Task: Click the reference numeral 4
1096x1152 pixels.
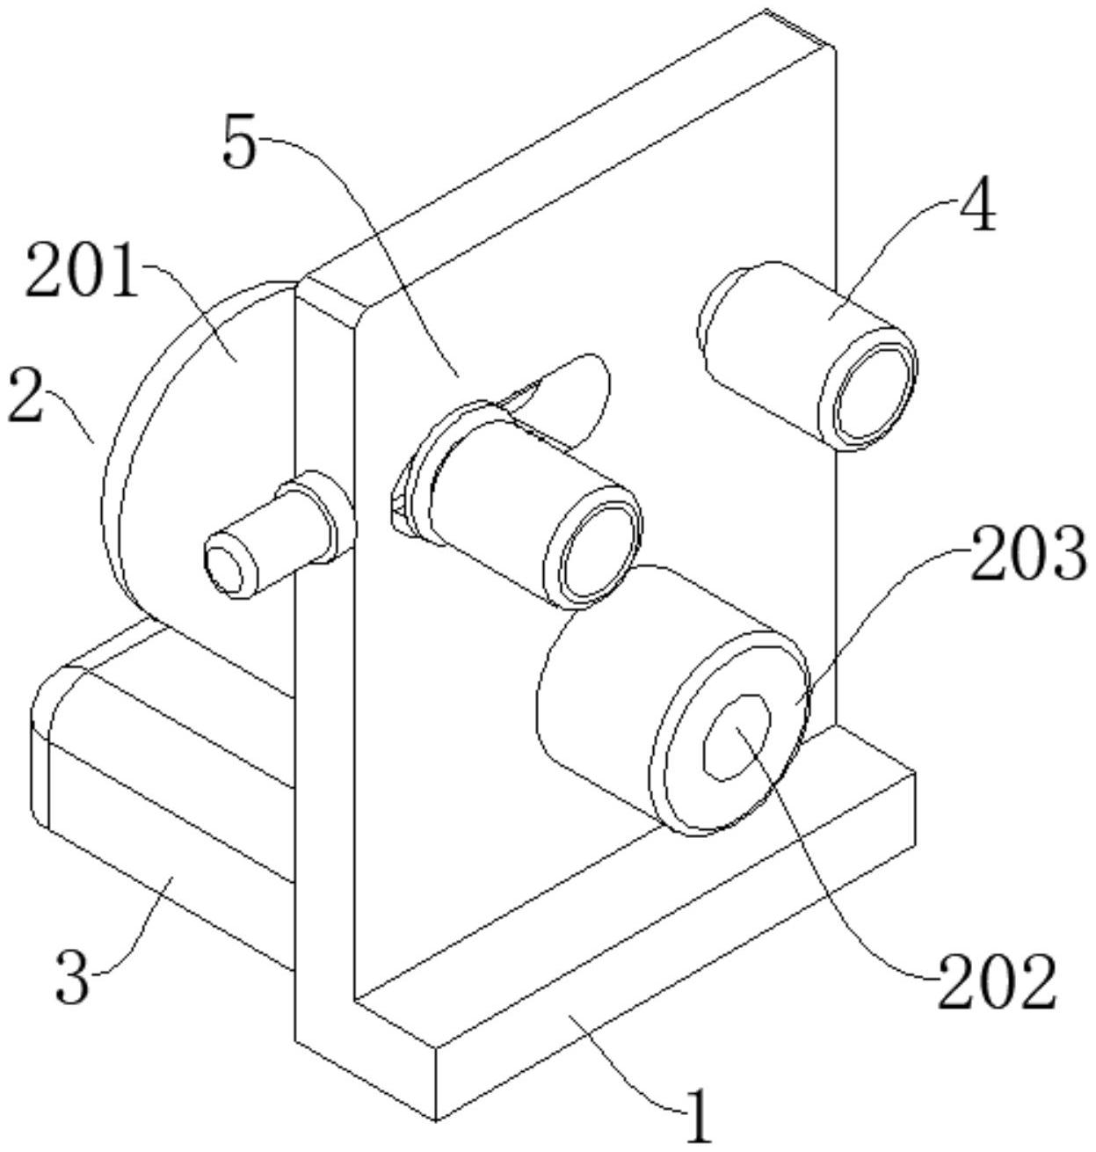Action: (977, 208)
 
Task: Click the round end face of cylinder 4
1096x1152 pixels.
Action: (868, 388)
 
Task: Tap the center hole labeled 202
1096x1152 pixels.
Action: (737, 738)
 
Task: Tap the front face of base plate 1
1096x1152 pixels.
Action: (673, 949)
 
